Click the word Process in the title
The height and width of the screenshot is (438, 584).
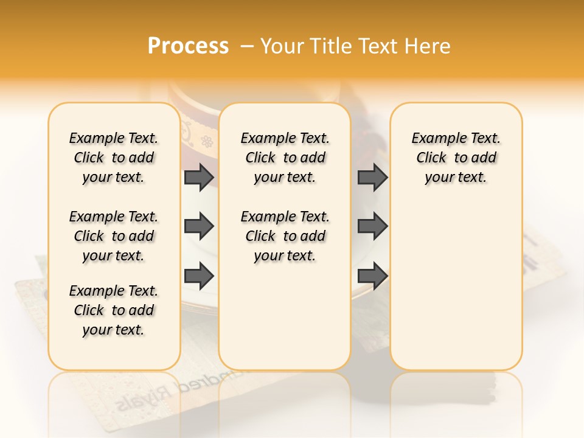pyautogui.click(x=188, y=46)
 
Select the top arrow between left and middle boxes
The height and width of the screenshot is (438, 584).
pyautogui.click(x=199, y=177)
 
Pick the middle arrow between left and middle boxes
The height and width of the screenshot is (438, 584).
pyautogui.click(x=199, y=226)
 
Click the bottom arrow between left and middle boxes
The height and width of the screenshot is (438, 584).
pyautogui.click(x=199, y=276)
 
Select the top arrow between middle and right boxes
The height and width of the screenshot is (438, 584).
pyautogui.click(x=372, y=177)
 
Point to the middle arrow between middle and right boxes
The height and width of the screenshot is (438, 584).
pyautogui.click(x=372, y=226)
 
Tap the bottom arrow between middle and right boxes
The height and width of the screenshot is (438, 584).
pyautogui.click(x=372, y=276)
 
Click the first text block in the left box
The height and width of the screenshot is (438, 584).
pyautogui.click(x=114, y=158)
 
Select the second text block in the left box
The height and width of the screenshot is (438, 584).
pyautogui.click(x=114, y=236)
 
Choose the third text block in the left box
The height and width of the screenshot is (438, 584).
pyautogui.click(x=114, y=310)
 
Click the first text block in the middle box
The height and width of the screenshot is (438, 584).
pyautogui.click(x=285, y=158)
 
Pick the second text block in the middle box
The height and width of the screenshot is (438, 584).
pyautogui.click(x=285, y=236)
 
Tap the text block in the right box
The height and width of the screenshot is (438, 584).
pyautogui.click(x=456, y=158)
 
